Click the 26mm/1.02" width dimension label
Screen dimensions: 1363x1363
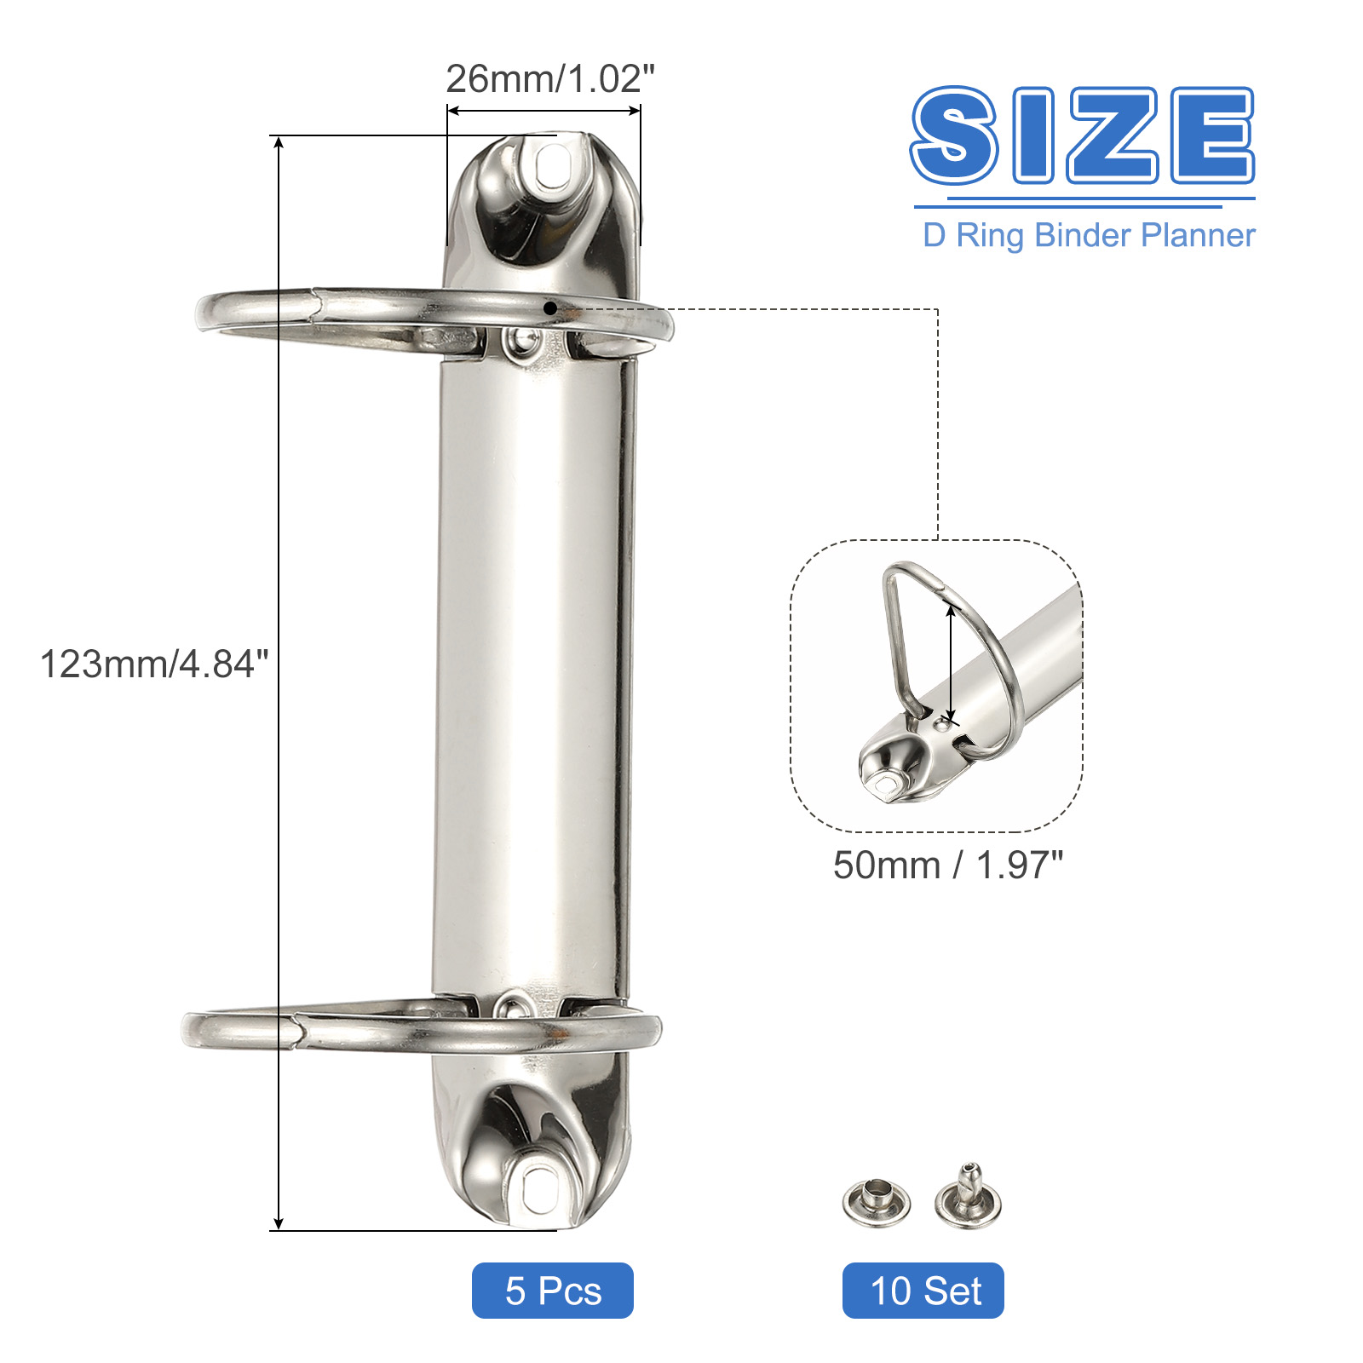coord(550,79)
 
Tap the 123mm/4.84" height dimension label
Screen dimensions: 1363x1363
coord(154,664)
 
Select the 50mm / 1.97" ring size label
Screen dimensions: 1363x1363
coord(948,866)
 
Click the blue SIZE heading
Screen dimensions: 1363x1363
coord(1083,135)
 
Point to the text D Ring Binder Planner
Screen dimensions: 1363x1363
coord(1089,235)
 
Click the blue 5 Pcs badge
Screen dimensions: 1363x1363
coord(553,1291)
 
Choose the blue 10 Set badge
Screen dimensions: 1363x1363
coord(923,1291)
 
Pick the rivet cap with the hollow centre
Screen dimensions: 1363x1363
coord(877,1202)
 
